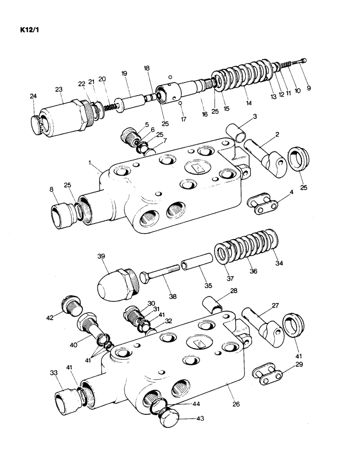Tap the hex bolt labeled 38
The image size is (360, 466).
point(159,277)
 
